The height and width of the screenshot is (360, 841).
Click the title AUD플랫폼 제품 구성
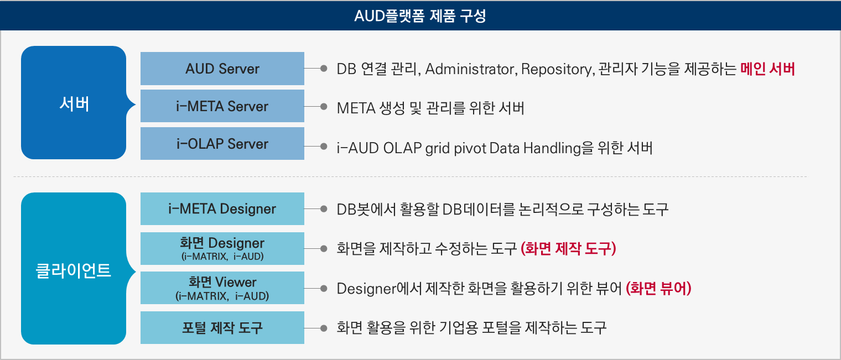tap(420, 16)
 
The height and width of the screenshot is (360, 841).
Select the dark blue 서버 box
tap(74, 102)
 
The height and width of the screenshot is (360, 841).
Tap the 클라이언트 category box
tap(74, 268)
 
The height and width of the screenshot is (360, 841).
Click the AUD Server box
tap(222, 69)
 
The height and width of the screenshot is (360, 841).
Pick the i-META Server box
tap(222, 106)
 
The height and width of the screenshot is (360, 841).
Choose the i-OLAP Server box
tap(222, 143)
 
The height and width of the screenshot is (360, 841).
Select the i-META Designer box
tap(222, 208)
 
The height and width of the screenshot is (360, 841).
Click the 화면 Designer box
tap(222, 248)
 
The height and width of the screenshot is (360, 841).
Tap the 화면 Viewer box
tap(222, 288)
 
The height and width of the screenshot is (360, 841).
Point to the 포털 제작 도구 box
tap(222, 328)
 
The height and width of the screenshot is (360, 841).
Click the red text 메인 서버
tap(767, 69)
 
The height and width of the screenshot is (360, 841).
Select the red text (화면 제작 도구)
tap(568, 248)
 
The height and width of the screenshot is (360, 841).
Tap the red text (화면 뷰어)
tap(658, 288)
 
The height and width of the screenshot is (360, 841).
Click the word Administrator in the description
tap(471, 69)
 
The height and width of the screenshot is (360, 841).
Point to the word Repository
tap(558, 70)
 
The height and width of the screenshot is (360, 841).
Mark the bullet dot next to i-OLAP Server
tap(324, 146)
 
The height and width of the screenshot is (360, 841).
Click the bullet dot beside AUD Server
tap(324, 69)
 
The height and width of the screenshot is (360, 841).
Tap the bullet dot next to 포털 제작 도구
tap(324, 328)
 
